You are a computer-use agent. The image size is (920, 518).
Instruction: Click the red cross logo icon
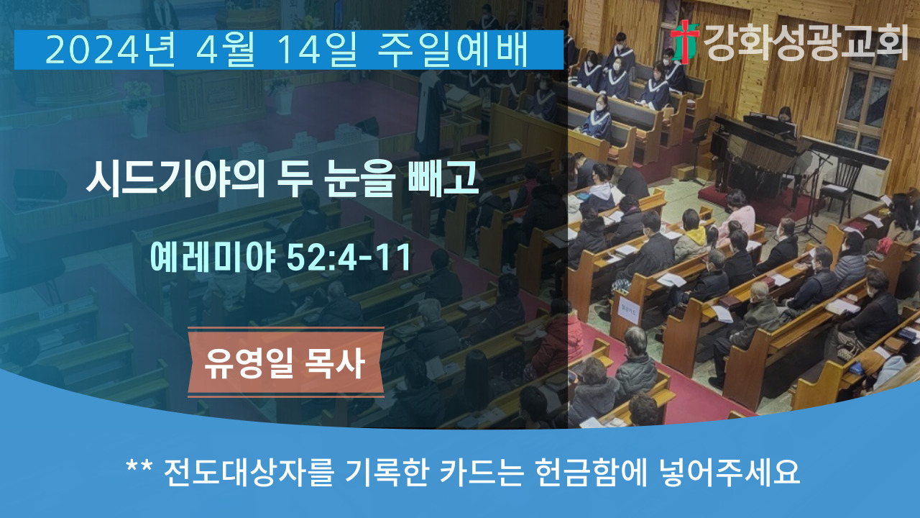point(685,42)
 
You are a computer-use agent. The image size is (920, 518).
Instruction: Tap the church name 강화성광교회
point(806,42)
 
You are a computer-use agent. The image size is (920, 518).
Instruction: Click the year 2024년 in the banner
point(111,50)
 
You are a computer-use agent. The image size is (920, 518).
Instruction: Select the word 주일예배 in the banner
point(453,50)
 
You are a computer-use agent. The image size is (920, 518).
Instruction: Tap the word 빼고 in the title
point(443,178)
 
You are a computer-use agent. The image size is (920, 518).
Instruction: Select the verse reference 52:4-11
point(349,258)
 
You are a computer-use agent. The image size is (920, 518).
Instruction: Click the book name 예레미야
point(213,258)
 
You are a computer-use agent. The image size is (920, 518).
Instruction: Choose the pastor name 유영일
point(249,363)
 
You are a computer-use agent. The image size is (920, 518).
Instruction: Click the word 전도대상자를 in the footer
point(249,472)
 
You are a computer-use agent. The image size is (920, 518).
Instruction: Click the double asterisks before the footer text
point(139,468)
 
